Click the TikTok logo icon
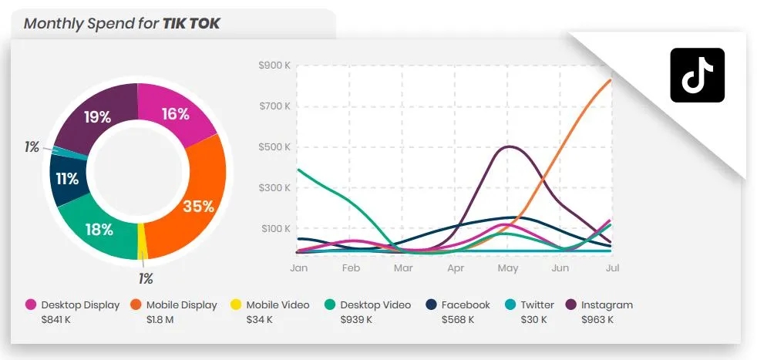[697, 75]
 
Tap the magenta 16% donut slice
[176, 115]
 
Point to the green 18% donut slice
[99, 228]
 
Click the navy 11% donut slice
[67, 179]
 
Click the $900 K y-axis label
[274, 66]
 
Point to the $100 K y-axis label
[275, 229]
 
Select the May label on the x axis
[508, 268]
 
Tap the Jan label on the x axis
[298, 268]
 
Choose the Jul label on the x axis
[612, 268]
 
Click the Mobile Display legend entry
[174, 304]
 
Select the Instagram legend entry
[600, 304]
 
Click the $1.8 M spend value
[160, 319]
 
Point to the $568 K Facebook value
[457, 319]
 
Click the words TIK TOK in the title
[191, 23]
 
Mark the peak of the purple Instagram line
[509, 146]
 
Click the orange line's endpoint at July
[611, 80]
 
